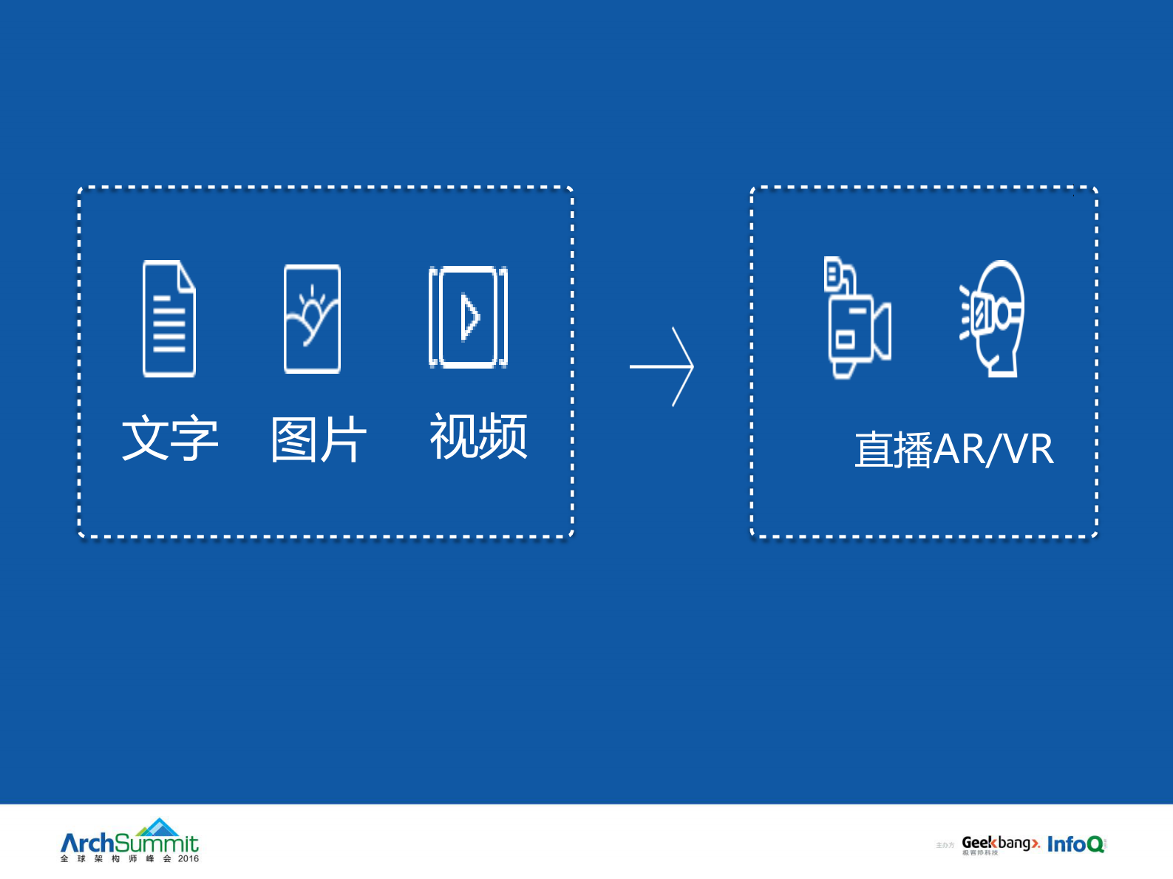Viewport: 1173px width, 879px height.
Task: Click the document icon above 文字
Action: [x=169, y=318]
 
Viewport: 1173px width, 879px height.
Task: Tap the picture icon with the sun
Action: [x=312, y=318]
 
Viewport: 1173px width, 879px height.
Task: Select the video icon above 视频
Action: [x=468, y=317]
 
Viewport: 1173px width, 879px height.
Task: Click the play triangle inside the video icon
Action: [x=469, y=318]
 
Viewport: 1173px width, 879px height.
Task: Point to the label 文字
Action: [x=170, y=438]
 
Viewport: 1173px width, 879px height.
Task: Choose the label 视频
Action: [x=478, y=437]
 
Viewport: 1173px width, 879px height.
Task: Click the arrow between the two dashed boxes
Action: [x=662, y=366]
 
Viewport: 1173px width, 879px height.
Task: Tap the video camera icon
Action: [x=857, y=318]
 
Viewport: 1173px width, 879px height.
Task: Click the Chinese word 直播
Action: [x=894, y=449]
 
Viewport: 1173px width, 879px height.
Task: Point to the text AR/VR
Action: [x=993, y=449]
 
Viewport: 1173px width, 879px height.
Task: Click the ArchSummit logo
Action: [x=129, y=842]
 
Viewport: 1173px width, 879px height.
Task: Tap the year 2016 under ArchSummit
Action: [x=188, y=858]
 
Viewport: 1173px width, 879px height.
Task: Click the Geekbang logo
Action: [x=1000, y=844]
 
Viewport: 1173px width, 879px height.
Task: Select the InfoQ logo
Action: [x=1075, y=844]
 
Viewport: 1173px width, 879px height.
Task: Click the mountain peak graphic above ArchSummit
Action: [x=158, y=827]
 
